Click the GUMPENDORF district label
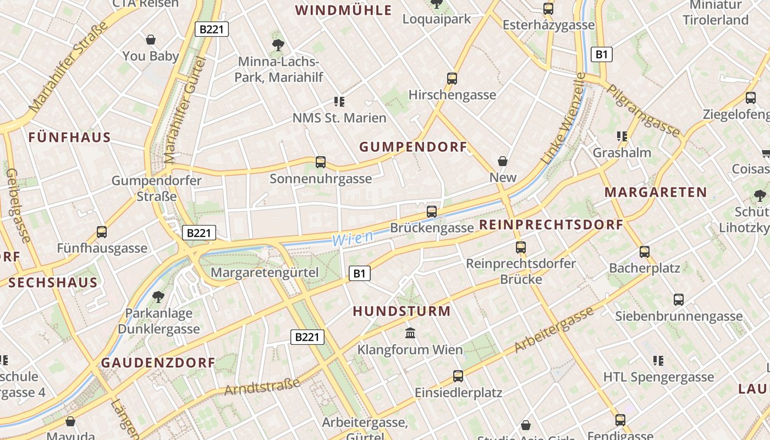click(x=413, y=147)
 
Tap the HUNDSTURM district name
click(x=402, y=311)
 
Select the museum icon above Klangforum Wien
click(x=410, y=333)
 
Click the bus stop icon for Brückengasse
click(x=432, y=211)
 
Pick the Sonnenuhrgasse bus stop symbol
click(x=321, y=162)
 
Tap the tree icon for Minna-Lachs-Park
click(x=278, y=45)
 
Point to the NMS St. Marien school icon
click(x=339, y=102)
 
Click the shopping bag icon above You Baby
click(x=151, y=40)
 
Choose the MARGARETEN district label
click(x=656, y=193)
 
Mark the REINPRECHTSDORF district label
click(x=551, y=225)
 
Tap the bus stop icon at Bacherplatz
click(x=645, y=252)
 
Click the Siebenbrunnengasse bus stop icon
click(x=679, y=300)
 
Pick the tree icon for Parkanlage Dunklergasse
click(x=158, y=297)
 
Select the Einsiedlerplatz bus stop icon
click(x=458, y=376)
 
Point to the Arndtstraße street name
click(x=263, y=387)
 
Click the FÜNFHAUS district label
click(x=70, y=137)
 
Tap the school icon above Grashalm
click(x=622, y=136)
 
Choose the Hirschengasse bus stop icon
click(x=452, y=78)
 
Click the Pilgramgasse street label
click(x=643, y=110)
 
